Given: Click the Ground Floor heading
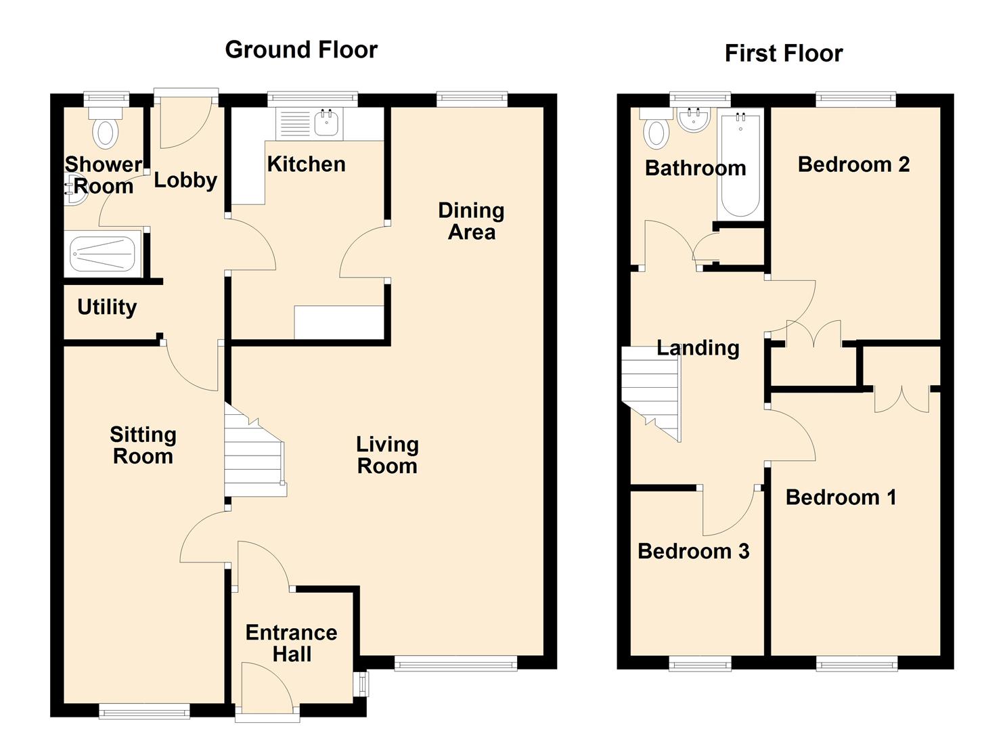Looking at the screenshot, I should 300,49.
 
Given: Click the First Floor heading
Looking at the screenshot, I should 783,53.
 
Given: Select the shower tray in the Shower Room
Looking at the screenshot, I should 103,254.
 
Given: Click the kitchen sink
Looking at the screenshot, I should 327,123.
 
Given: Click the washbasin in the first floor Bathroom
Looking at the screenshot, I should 694,120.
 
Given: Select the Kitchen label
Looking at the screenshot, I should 306,164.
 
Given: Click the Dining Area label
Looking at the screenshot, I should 471,221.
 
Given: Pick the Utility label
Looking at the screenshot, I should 107,307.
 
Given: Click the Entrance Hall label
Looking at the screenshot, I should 292,643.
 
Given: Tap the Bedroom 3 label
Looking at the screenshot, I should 693,551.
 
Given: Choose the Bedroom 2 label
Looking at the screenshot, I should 853,164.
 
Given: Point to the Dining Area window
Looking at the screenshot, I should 472,99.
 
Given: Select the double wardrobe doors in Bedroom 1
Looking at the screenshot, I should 901,399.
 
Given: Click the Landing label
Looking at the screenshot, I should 698,348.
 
